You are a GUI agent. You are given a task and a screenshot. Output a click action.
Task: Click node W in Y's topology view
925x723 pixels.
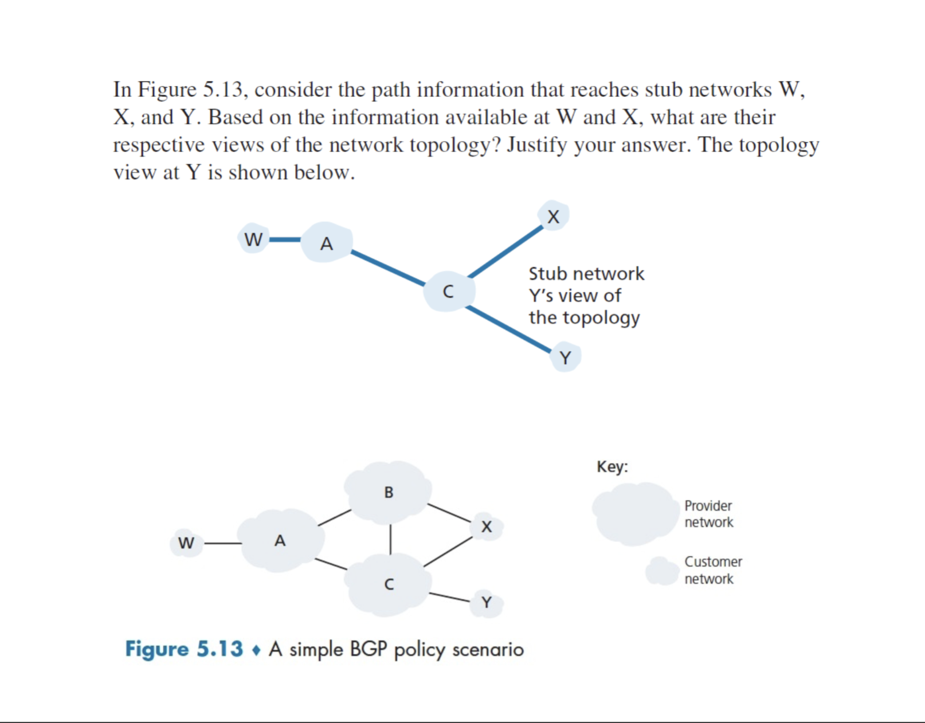point(253,239)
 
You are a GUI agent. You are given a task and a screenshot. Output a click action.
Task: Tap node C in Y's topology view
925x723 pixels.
point(448,292)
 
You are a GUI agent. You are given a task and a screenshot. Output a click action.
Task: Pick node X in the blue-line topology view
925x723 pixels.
point(553,217)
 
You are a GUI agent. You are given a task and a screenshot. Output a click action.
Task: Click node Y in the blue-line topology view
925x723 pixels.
point(565,358)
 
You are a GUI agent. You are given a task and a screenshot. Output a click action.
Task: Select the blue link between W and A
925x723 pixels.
point(285,239)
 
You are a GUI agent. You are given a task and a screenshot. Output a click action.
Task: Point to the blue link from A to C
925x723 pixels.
point(388,268)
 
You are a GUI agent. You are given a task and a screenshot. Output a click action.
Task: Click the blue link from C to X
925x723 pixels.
point(505,252)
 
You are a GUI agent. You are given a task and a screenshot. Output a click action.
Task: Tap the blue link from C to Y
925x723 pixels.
point(508,329)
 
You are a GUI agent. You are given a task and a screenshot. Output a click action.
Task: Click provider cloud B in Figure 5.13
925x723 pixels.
point(389,492)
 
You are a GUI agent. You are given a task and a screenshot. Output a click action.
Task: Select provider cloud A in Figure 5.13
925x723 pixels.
point(280,540)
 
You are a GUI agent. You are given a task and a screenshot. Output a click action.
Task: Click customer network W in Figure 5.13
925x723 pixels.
point(186,543)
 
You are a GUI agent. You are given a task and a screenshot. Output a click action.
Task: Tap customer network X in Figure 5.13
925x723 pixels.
point(487,526)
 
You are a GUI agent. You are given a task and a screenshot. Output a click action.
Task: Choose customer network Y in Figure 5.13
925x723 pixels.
point(487,603)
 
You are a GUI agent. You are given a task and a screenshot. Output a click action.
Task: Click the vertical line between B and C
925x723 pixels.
point(390,539)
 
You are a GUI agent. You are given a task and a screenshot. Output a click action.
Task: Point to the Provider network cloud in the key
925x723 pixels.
point(635,513)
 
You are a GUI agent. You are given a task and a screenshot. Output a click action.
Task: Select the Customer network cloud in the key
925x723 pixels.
point(663,571)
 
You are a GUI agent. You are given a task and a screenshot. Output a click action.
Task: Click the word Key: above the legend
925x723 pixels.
point(612,466)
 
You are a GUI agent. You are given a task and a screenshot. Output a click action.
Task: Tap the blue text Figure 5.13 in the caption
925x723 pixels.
point(184,649)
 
